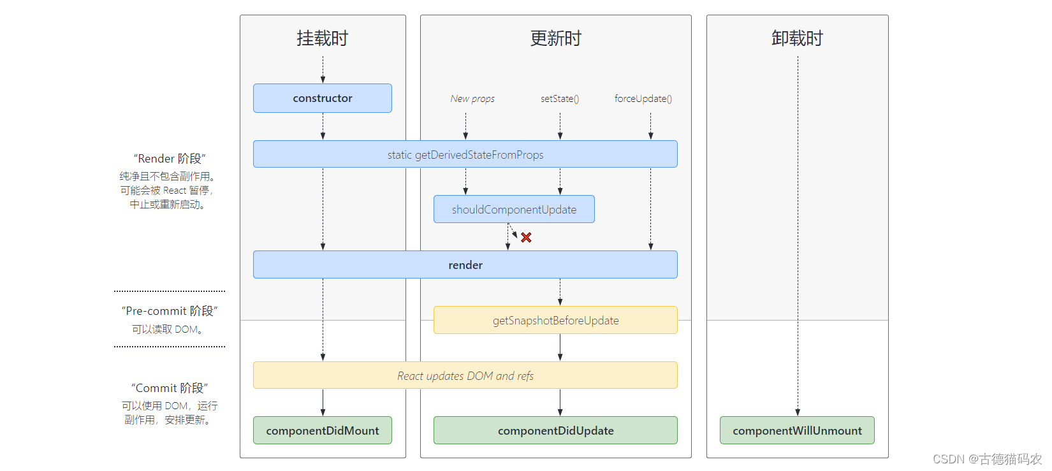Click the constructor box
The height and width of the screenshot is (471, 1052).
pyautogui.click(x=323, y=98)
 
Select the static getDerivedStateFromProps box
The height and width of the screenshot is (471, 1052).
pyautogui.click(x=465, y=154)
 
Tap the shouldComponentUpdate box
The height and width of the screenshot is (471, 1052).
pyautogui.click(x=514, y=209)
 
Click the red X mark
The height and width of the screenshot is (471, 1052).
pyautogui.click(x=526, y=237)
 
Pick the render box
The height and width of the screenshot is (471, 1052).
pyautogui.click(x=465, y=264)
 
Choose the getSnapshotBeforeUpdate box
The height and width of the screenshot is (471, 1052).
pyautogui.click(x=555, y=320)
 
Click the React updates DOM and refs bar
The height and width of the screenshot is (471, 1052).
pyautogui.click(x=465, y=375)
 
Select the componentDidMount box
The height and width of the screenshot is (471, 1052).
pyautogui.click(x=323, y=430)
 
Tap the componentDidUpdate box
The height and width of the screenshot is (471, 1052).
pyautogui.click(x=555, y=430)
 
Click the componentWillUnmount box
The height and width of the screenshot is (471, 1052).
pyautogui.click(x=797, y=430)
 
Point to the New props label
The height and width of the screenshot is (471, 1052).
pyautogui.click(x=472, y=99)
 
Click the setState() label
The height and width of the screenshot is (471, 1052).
pyautogui.click(x=560, y=99)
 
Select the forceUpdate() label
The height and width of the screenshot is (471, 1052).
pyautogui.click(x=643, y=99)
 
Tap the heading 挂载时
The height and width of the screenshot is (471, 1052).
pyautogui.click(x=323, y=38)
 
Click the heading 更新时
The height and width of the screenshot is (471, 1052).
pyautogui.click(x=556, y=38)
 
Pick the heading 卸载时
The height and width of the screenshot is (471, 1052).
pyautogui.click(x=797, y=38)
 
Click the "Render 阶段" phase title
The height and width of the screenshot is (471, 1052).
pyautogui.click(x=170, y=159)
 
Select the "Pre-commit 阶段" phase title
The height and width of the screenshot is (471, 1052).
pyautogui.click(x=170, y=311)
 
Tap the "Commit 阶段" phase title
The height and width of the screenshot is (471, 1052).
pyautogui.click(x=170, y=388)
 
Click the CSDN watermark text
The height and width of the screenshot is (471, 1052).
pyautogui.click(x=987, y=459)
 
